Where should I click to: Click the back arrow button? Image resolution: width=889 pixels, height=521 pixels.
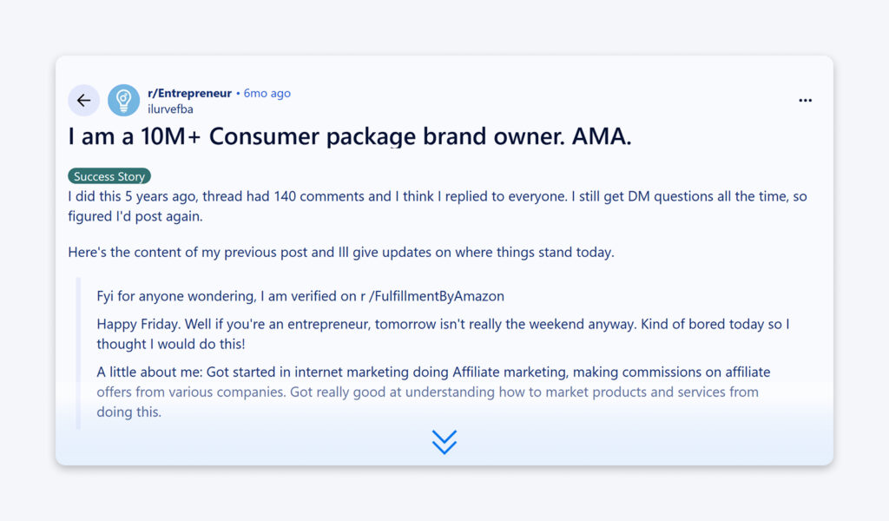click(83, 101)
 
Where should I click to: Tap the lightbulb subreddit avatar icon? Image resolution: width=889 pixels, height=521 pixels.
click(123, 101)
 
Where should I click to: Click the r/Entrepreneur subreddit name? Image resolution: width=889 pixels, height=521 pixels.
click(189, 93)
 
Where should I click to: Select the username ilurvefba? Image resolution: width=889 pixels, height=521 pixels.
click(170, 109)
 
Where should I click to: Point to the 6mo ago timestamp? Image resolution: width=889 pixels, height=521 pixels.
click(267, 93)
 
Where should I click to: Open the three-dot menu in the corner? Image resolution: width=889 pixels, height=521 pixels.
click(805, 101)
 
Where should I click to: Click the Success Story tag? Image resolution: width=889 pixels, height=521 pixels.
click(109, 176)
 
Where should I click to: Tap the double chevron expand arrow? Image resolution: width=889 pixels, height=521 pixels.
click(444, 442)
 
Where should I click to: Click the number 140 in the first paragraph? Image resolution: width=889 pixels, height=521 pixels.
click(286, 196)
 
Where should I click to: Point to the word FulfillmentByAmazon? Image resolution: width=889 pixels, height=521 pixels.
click(438, 296)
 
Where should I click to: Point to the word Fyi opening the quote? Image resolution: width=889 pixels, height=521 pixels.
click(106, 296)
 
